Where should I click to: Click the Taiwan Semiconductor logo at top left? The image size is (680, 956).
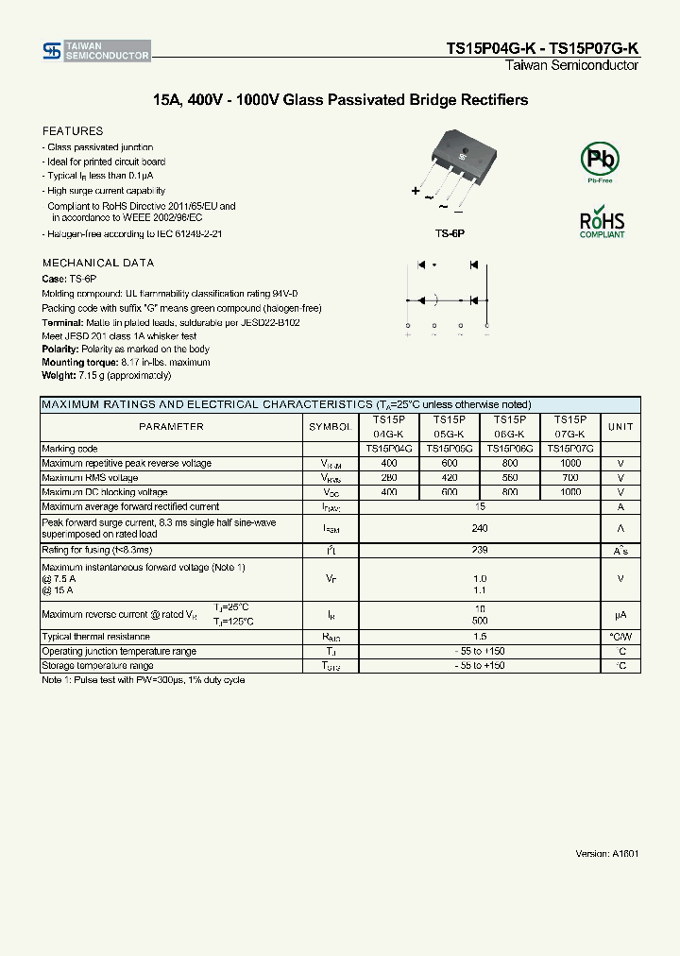pyautogui.click(x=95, y=51)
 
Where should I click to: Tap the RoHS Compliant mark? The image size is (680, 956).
pyautogui.click(x=602, y=222)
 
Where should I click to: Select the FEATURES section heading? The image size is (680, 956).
pyautogui.click(x=73, y=131)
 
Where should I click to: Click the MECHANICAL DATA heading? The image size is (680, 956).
pyautogui.click(x=98, y=263)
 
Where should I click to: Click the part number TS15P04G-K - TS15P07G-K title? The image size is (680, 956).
pyautogui.click(x=542, y=47)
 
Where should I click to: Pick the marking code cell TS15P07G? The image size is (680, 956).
pyautogui.click(x=569, y=449)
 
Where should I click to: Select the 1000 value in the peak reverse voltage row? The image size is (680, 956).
pyautogui.click(x=570, y=464)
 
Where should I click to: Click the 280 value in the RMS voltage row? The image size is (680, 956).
pyautogui.click(x=389, y=478)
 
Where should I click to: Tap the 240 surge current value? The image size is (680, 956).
pyautogui.click(x=480, y=528)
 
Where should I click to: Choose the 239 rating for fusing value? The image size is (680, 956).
pyautogui.click(x=480, y=550)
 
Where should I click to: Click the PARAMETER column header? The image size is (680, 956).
pyautogui.click(x=171, y=427)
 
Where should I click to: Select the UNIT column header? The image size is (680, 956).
pyautogui.click(x=620, y=427)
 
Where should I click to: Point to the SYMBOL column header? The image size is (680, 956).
pyautogui.click(x=330, y=427)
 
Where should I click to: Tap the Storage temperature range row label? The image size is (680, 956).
pyautogui.click(x=97, y=666)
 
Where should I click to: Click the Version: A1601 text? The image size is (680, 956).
pyautogui.click(x=607, y=853)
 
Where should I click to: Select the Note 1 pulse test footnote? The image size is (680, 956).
pyautogui.click(x=143, y=680)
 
